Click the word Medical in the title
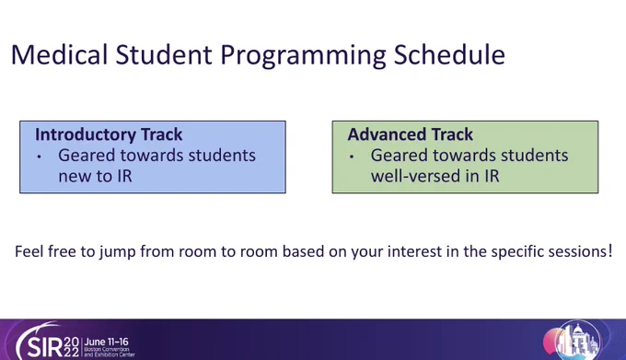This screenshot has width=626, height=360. point(60,54)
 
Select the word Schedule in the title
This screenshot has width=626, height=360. point(449,54)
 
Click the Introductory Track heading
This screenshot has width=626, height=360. point(109,134)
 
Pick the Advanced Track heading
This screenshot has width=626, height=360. point(410,134)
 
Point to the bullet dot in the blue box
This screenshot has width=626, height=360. point(39,157)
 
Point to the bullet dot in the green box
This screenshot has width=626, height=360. point(352,157)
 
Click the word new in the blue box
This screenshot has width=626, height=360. point(73,177)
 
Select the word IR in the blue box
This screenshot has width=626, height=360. point(125,176)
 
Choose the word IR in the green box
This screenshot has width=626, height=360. point(493,176)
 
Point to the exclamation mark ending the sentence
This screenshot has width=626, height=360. point(610,251)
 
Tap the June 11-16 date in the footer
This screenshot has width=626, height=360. point(107,342)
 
